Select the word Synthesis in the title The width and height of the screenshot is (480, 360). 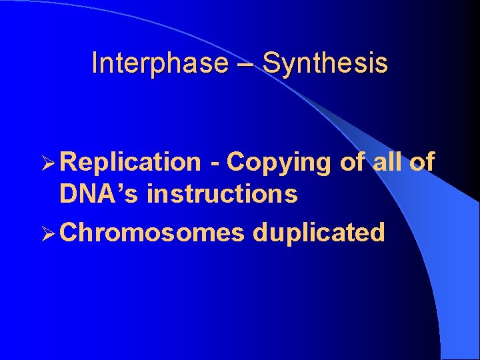(325, 63)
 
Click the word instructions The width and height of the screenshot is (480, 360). (222, 194)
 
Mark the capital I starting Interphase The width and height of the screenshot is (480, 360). (95, 63)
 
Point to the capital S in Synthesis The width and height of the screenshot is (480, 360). (271, 63)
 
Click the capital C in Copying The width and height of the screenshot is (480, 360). (235, 162)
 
